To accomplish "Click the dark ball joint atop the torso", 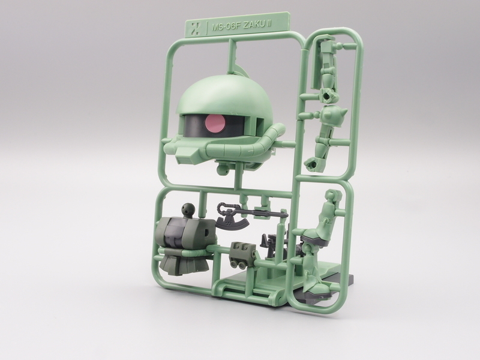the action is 188,209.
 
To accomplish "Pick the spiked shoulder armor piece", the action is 335,115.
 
